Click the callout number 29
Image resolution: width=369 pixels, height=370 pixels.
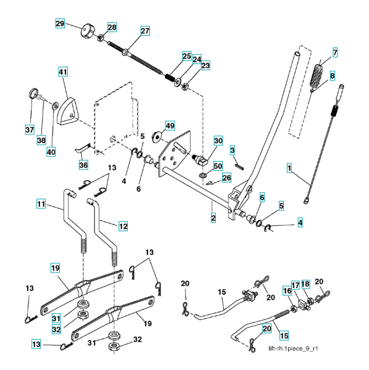point(60,23)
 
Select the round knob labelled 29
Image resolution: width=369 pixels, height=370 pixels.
point(88,31)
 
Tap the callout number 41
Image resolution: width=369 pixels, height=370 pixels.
point(63,72)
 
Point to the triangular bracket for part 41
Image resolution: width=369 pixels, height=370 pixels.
point(67,110)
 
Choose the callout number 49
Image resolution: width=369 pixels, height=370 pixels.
point(170,126)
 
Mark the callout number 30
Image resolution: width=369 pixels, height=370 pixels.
point(218,141)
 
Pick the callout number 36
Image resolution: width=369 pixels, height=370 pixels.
point(83,165)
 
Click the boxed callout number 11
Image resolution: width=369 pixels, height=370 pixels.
point(41,203)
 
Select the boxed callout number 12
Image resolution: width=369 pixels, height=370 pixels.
point(123,226)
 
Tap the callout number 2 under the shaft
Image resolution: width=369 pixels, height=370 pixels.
point(213,218)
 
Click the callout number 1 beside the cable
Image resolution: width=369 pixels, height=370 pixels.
point(289,168)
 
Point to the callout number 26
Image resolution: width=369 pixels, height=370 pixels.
point(226,178)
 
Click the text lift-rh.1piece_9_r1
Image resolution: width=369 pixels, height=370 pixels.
point(293,348)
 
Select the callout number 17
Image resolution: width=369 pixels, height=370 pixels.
point(296,286)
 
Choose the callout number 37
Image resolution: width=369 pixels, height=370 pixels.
point(30,129)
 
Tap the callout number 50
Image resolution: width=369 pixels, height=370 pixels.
point(218,166)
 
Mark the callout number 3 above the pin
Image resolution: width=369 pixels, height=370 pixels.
point(232,150)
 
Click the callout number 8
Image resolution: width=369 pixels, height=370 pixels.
point(332,76)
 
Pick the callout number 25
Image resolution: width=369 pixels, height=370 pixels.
point(187,56)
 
